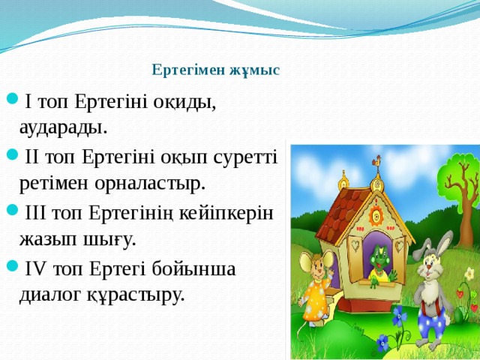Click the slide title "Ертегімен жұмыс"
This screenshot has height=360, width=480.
215,70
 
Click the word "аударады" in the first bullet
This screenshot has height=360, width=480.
63,126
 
